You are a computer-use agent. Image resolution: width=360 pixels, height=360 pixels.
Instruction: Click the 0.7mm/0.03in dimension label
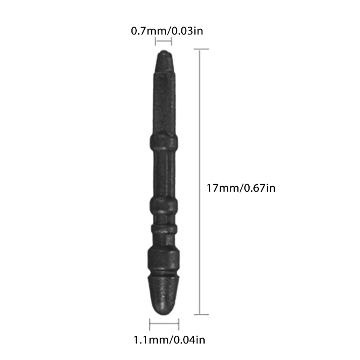click(163, 31)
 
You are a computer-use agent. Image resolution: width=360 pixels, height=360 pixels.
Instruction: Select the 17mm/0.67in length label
click(240, 188)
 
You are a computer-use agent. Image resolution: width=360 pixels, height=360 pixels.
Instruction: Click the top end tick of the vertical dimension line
click(201, 49)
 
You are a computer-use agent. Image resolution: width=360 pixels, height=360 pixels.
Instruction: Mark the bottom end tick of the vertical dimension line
click(201, 315)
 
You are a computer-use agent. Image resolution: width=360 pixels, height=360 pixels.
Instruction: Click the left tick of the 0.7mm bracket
click(156, 42)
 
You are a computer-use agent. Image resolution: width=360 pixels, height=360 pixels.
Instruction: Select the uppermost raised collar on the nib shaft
click(164, 144)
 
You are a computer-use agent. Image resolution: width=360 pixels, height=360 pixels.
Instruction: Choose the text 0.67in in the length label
click(259, 188)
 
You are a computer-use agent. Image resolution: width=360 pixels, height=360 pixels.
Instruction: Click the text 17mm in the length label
click(221, 188)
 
